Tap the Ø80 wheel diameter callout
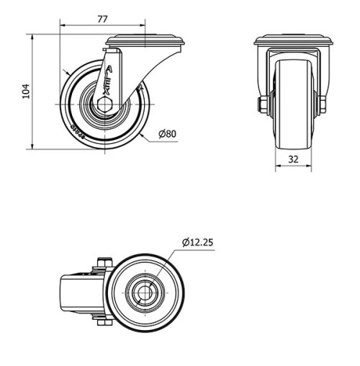[x=167, y=134]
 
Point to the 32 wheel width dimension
[x=293, y=160]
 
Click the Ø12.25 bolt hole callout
[x=197, y=243]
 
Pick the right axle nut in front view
[x=322, y=105]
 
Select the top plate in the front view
[x=293, y=43]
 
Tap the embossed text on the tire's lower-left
[x=77, y=130]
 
